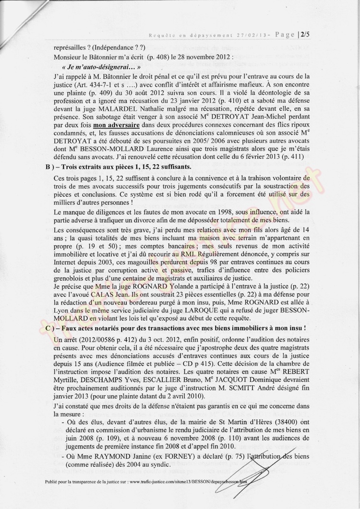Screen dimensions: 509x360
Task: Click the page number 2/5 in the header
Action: click(x=304, y=34)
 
